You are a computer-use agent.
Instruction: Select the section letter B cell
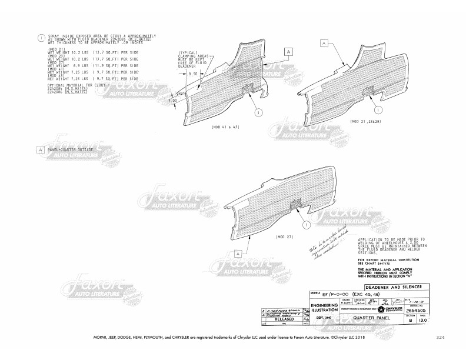coord(411,321)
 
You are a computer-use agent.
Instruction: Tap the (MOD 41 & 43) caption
coord(225,127)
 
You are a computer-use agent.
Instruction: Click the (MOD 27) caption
coord(285,236)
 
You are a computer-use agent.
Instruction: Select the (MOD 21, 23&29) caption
coord(365,122)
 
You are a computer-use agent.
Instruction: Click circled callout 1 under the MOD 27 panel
coord(307,225)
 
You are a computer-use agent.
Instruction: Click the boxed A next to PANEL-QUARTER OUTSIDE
coord(41,151)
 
